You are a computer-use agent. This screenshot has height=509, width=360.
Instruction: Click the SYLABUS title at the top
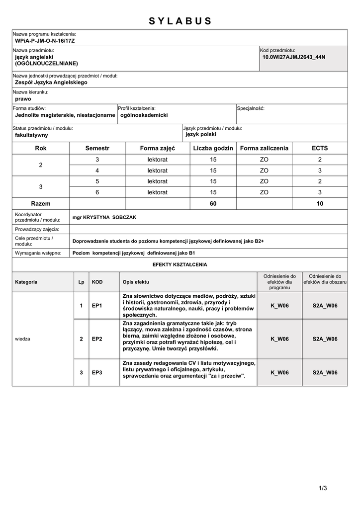[180, 21]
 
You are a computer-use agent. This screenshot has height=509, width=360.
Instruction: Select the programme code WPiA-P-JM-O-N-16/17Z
[45, 40]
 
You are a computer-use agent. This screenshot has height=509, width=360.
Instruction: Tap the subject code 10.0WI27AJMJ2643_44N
[293, 57]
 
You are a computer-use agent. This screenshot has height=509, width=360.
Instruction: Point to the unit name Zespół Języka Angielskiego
[51, 83]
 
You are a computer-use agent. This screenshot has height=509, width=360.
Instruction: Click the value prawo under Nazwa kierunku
[23, 99]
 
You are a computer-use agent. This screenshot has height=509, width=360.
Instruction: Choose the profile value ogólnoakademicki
[144, 115]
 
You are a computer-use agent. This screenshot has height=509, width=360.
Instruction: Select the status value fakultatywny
[31, 135]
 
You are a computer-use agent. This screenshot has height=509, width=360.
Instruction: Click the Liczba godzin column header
[213, 148]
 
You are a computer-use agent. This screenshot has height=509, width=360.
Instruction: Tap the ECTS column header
[320, 148]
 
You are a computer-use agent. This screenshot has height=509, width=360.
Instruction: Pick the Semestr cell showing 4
[97, 170]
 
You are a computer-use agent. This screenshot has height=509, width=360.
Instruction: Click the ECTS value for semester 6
[320, 192]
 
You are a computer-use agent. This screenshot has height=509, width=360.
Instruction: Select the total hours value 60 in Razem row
[213, 204]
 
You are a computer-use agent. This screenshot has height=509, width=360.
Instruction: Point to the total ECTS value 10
[320, 204]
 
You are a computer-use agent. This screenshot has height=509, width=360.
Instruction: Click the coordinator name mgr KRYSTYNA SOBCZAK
[104, 217]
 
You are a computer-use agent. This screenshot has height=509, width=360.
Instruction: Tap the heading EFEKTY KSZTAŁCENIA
[180, 264]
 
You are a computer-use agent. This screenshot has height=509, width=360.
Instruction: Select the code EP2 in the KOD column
[97, 339]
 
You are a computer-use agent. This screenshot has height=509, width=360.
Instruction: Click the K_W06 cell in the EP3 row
[279, 372]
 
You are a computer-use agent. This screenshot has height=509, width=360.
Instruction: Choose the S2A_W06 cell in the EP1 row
[325, 305]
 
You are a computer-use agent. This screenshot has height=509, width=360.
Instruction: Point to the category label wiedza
[23, 339]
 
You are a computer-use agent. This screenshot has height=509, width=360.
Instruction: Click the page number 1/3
[323, 488]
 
